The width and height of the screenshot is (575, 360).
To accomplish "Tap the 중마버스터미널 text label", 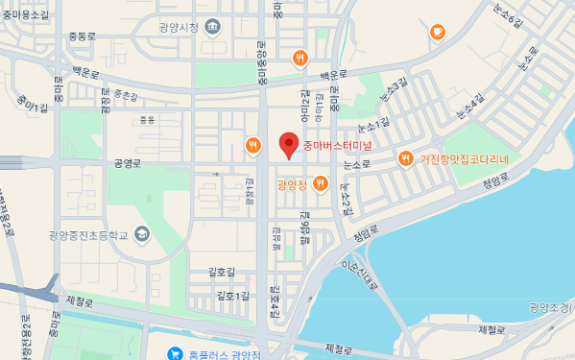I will pyautogui.click(x=337, y=147).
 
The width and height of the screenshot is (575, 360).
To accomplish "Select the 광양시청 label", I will pyautogui.click(x=180, y=27).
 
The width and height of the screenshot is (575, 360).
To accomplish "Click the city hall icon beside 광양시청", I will pyautogui.click(x=211, y=27).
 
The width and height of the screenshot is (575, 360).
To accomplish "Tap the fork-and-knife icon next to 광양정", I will pyautogui.click(x=320, y=182).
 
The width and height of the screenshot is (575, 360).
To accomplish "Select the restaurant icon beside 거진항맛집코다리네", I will pyautogui.click(x=406, y=158).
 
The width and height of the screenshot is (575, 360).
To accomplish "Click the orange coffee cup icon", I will pyautogui.click(x=438, y=33).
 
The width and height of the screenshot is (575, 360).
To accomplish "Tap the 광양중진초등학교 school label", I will pyautogui.click(x=88, y=233).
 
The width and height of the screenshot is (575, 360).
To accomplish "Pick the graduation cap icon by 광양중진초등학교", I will pyautogui.click(x=142, y=233).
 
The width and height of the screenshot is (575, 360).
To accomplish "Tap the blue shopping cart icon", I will pyautogui.click(x=175, y=354).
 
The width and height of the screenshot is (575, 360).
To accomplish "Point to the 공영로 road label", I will pyautogui.click(x=127, y=163).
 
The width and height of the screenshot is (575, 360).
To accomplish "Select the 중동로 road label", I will pyautogui.click(x=83, y=36).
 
